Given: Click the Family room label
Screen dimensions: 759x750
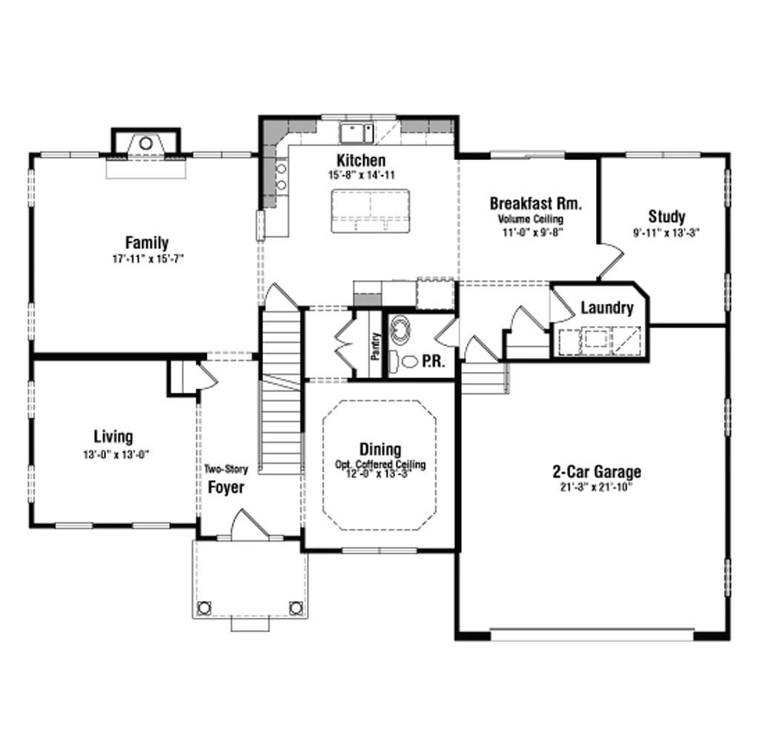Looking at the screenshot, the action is coord(147,242).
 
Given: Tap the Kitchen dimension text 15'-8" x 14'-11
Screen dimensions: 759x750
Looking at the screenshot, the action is coord(362,175).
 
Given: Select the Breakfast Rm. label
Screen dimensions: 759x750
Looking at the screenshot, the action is coord(535,204).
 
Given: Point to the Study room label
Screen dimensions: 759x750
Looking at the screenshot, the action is coord(666,216).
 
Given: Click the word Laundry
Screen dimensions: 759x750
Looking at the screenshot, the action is coord(607,308).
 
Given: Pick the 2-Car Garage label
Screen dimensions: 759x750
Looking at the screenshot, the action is coord(597,471).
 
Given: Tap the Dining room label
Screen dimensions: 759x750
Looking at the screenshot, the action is coord(380,450).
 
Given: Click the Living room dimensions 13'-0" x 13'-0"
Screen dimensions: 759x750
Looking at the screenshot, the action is coord(115,455).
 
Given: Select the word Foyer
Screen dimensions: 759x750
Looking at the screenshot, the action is coord(226,487).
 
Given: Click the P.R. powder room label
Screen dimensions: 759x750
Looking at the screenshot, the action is coord(433,361).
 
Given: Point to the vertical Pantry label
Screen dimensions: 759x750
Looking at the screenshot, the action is coord(376,346).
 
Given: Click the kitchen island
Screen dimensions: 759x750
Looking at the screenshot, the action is coord(371,211).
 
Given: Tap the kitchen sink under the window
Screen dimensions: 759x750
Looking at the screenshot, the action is coord(357,133).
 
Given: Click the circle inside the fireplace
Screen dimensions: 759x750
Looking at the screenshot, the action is coord(146,143).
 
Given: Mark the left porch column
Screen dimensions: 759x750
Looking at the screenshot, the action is coord(204,608).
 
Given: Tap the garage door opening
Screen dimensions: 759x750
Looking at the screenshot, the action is coord(592,635).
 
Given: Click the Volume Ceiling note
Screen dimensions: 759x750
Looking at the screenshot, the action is coord(531,219).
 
